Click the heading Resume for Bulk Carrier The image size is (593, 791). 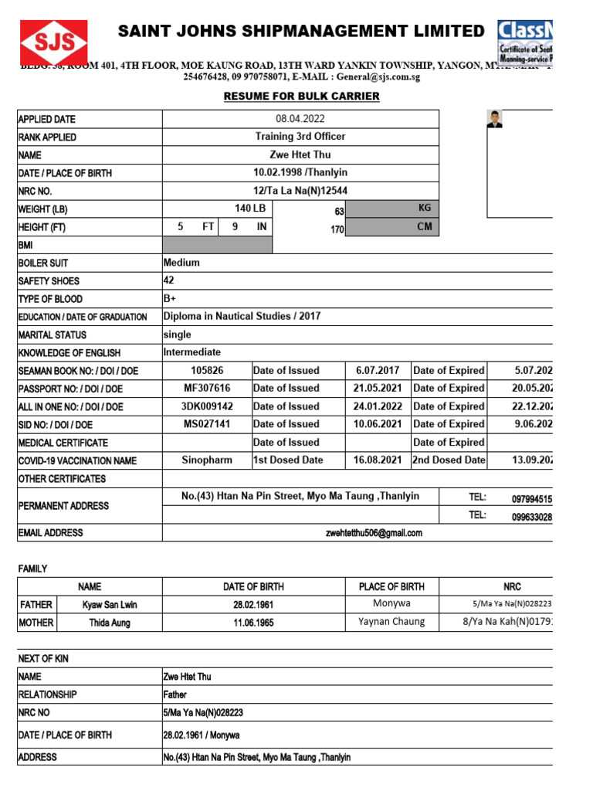click(x=301, y=96)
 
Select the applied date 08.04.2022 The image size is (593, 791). click(x=300, y=119)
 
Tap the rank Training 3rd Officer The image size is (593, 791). click(x=300, y=137)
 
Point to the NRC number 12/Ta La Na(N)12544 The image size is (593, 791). click(x=300, y=191)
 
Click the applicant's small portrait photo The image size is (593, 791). click(x=494, y=119)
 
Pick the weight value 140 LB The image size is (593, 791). click(x=250, y=209)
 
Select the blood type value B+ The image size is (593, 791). click(x=170, y=298)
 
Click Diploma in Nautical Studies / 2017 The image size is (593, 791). click(x=242, y=316)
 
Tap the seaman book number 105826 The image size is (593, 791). click(x=207, y=370)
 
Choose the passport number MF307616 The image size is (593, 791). click(x=207, y=388)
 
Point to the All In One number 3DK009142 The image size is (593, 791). click(x=207, y=406)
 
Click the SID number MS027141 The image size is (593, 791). click(x=207, y=424)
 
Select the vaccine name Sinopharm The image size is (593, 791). click(x=207, y=460)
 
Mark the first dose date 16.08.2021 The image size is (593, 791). click(x=378, y=460)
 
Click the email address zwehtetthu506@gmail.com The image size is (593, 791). click(x=374, y=533)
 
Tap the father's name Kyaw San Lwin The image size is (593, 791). click(x=110, y=605)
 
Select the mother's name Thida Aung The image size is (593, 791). click(x=110, y=623)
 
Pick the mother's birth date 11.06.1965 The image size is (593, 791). click(x=255, y=623)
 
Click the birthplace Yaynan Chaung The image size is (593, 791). click(x=391, y=622)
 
